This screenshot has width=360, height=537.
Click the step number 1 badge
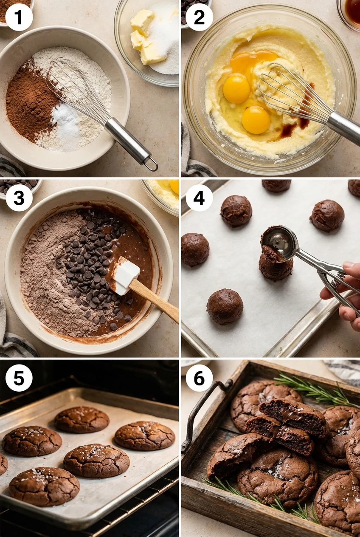19,17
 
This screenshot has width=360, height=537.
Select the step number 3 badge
19,198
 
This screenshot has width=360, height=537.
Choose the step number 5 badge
19,378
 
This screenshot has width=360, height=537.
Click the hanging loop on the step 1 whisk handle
151,164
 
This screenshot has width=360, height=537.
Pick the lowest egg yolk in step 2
256,120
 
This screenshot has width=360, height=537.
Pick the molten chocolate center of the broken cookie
294,411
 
